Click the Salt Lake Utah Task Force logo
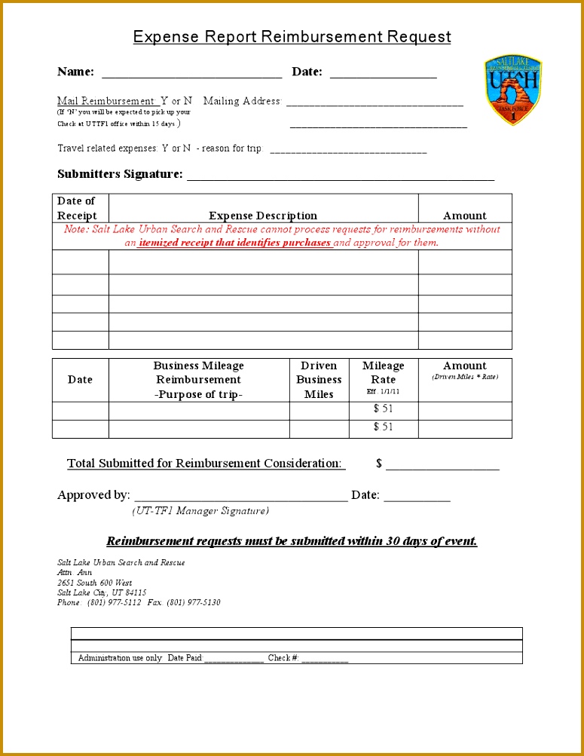[x=513, y=90]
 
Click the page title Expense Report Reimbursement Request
[x=292, y=37]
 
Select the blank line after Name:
[x=191, y=74]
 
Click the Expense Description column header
[x=263, y=216]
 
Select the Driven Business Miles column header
[x=319, y=380]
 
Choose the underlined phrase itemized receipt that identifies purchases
[x=235, y=243]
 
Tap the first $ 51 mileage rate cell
[x=383, y=409]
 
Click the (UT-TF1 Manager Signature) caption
[x=200, y=511]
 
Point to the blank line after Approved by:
[x=240, y=497]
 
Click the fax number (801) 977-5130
[x=194, y=602]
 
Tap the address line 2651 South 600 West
[x=95, y=583]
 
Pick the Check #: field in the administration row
[x=324, y=659]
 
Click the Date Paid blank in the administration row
[x=234, y=659]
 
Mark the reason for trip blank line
[x=348, y=150]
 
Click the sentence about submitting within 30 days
[x=292, y=541]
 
